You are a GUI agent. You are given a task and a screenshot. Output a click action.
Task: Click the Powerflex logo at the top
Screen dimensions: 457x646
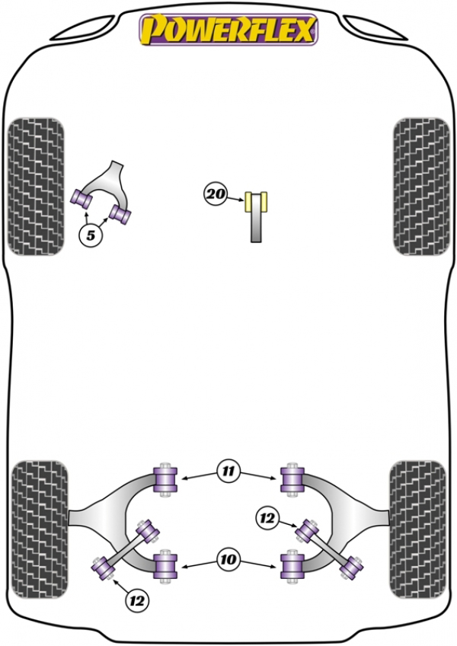(228, 29)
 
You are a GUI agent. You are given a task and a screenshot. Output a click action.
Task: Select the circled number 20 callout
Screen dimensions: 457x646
(216, 193)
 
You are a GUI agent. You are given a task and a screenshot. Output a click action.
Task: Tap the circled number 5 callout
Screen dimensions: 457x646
(90, 235)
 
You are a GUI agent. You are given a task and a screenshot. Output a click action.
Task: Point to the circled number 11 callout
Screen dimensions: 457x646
(228, 471)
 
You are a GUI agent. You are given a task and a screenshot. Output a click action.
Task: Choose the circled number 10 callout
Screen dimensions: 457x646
(228, 558)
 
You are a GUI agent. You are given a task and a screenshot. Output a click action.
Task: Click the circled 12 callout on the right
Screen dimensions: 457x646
(267, 518)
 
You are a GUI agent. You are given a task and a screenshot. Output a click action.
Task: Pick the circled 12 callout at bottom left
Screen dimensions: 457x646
(137, 601)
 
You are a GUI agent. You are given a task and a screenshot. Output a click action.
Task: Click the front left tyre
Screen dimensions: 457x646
(36, 187)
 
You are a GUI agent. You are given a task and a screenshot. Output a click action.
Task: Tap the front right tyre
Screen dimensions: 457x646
(421, 187)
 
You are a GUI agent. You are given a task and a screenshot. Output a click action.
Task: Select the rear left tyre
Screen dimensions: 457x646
(39, 529)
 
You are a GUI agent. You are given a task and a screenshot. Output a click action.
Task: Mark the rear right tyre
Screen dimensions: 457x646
(417, 529)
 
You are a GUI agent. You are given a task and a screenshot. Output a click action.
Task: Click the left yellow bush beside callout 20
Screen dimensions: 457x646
(248, 202)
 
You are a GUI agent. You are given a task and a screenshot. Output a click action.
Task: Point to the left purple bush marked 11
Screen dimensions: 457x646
(165, 479)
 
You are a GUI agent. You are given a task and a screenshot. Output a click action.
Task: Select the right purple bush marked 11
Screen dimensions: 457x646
(292, 479)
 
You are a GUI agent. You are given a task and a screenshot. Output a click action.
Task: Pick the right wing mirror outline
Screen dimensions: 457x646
(375, 28)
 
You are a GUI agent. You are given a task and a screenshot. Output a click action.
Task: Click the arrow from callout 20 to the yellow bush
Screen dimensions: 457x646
(235, 199)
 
